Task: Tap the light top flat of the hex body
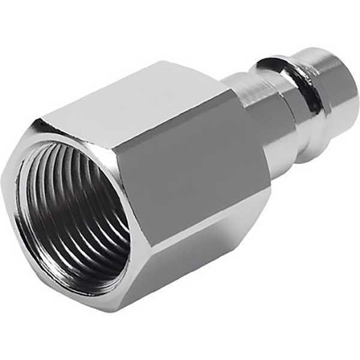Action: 144,108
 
